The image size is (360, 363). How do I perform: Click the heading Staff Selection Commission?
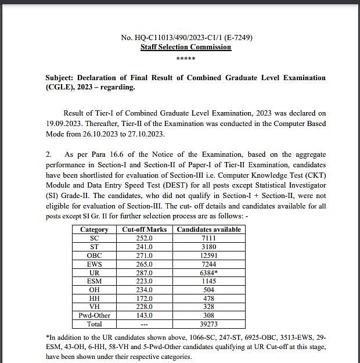[186, 47]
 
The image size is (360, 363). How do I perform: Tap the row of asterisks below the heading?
[186, 58]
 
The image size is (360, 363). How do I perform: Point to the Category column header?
[95, 229]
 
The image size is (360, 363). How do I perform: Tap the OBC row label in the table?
[95, 256]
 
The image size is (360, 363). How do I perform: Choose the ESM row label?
[95, 281]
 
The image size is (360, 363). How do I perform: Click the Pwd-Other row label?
[95, 315]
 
